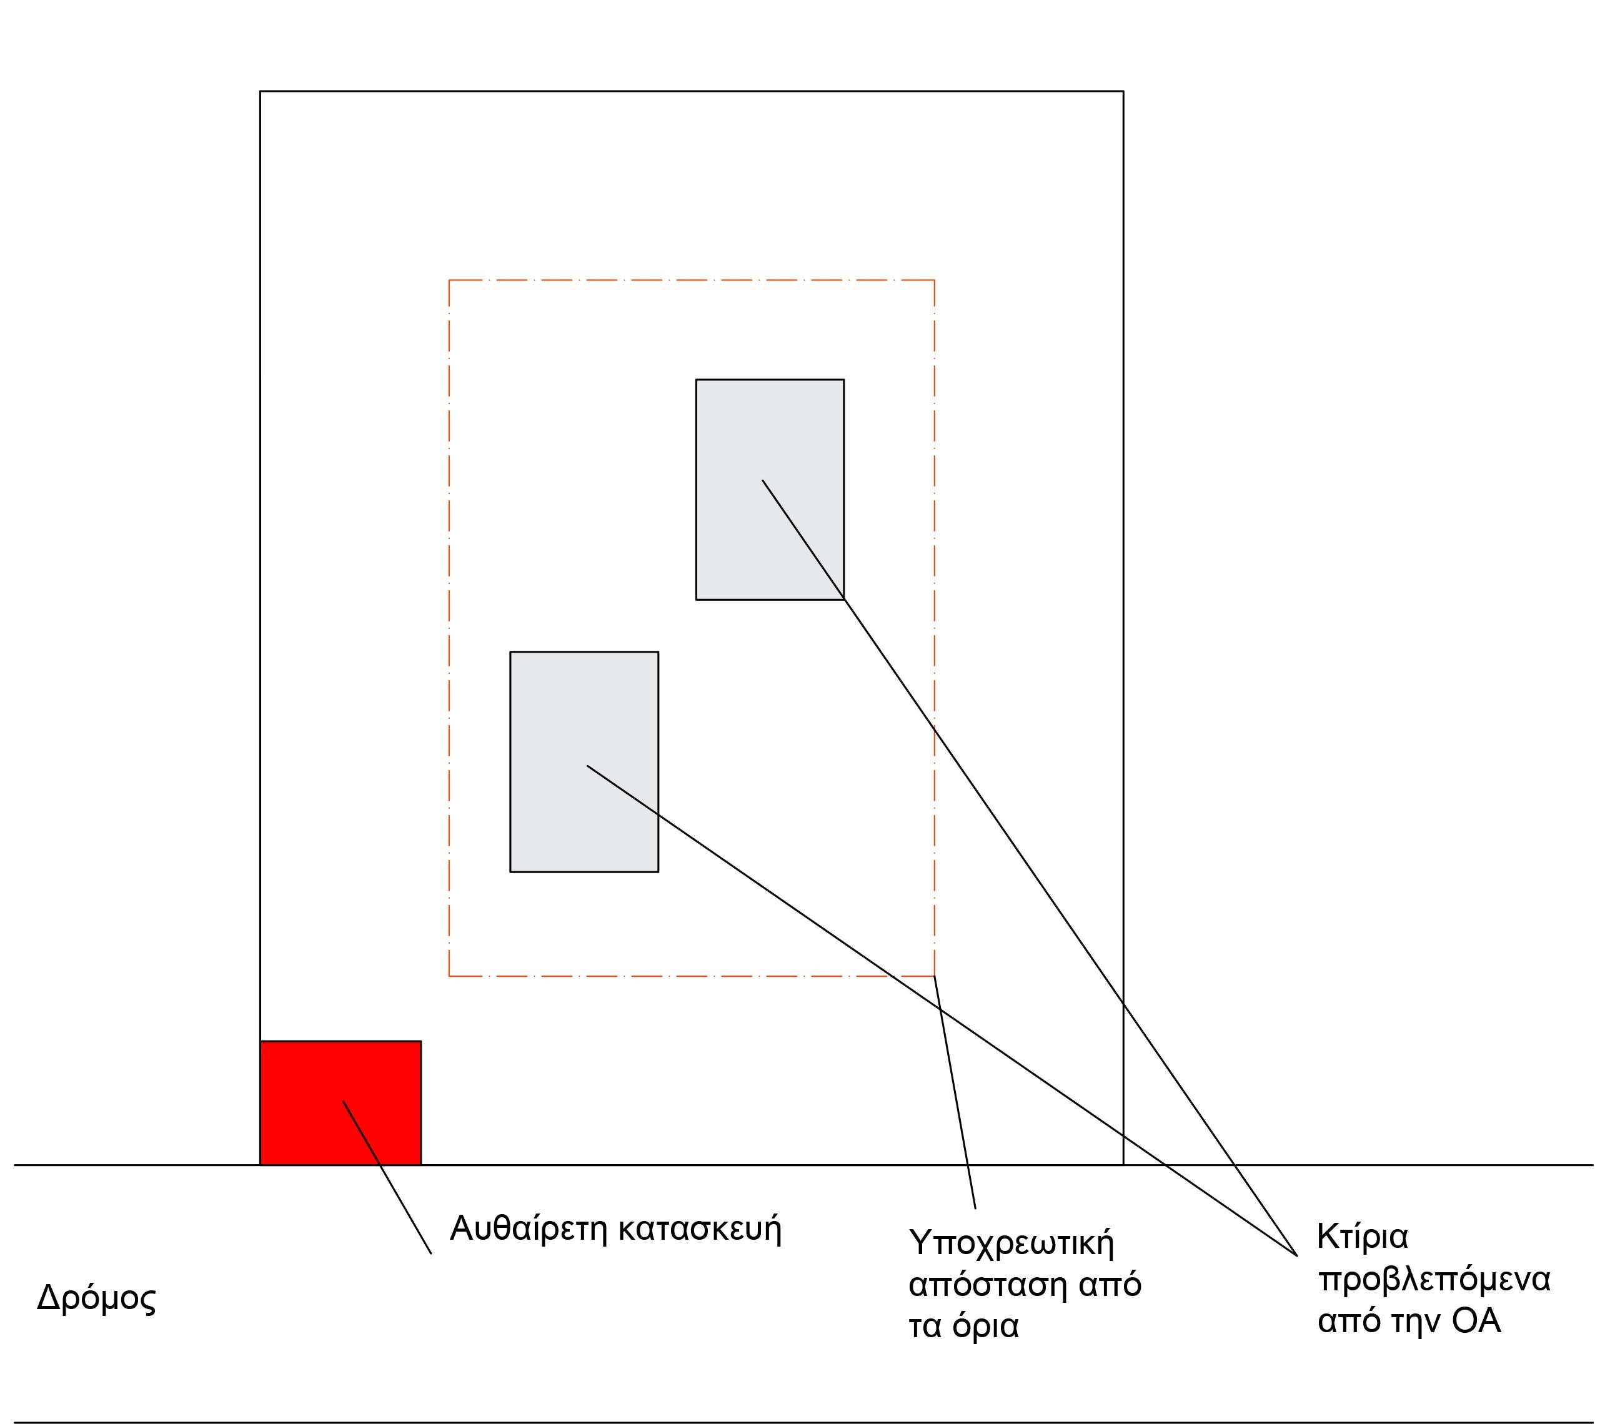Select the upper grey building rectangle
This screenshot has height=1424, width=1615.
[770, 490]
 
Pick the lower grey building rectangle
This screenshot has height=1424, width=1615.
[584, 762]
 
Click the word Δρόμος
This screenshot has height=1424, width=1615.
[96, 1299]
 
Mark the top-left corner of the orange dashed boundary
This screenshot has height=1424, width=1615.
[449, 280]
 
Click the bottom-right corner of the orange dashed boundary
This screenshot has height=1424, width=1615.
[935, 976]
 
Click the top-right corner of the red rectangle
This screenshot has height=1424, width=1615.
[421, 1041]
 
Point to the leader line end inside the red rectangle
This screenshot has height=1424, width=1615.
[343, 1101]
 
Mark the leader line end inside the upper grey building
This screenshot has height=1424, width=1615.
[762, 480]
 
